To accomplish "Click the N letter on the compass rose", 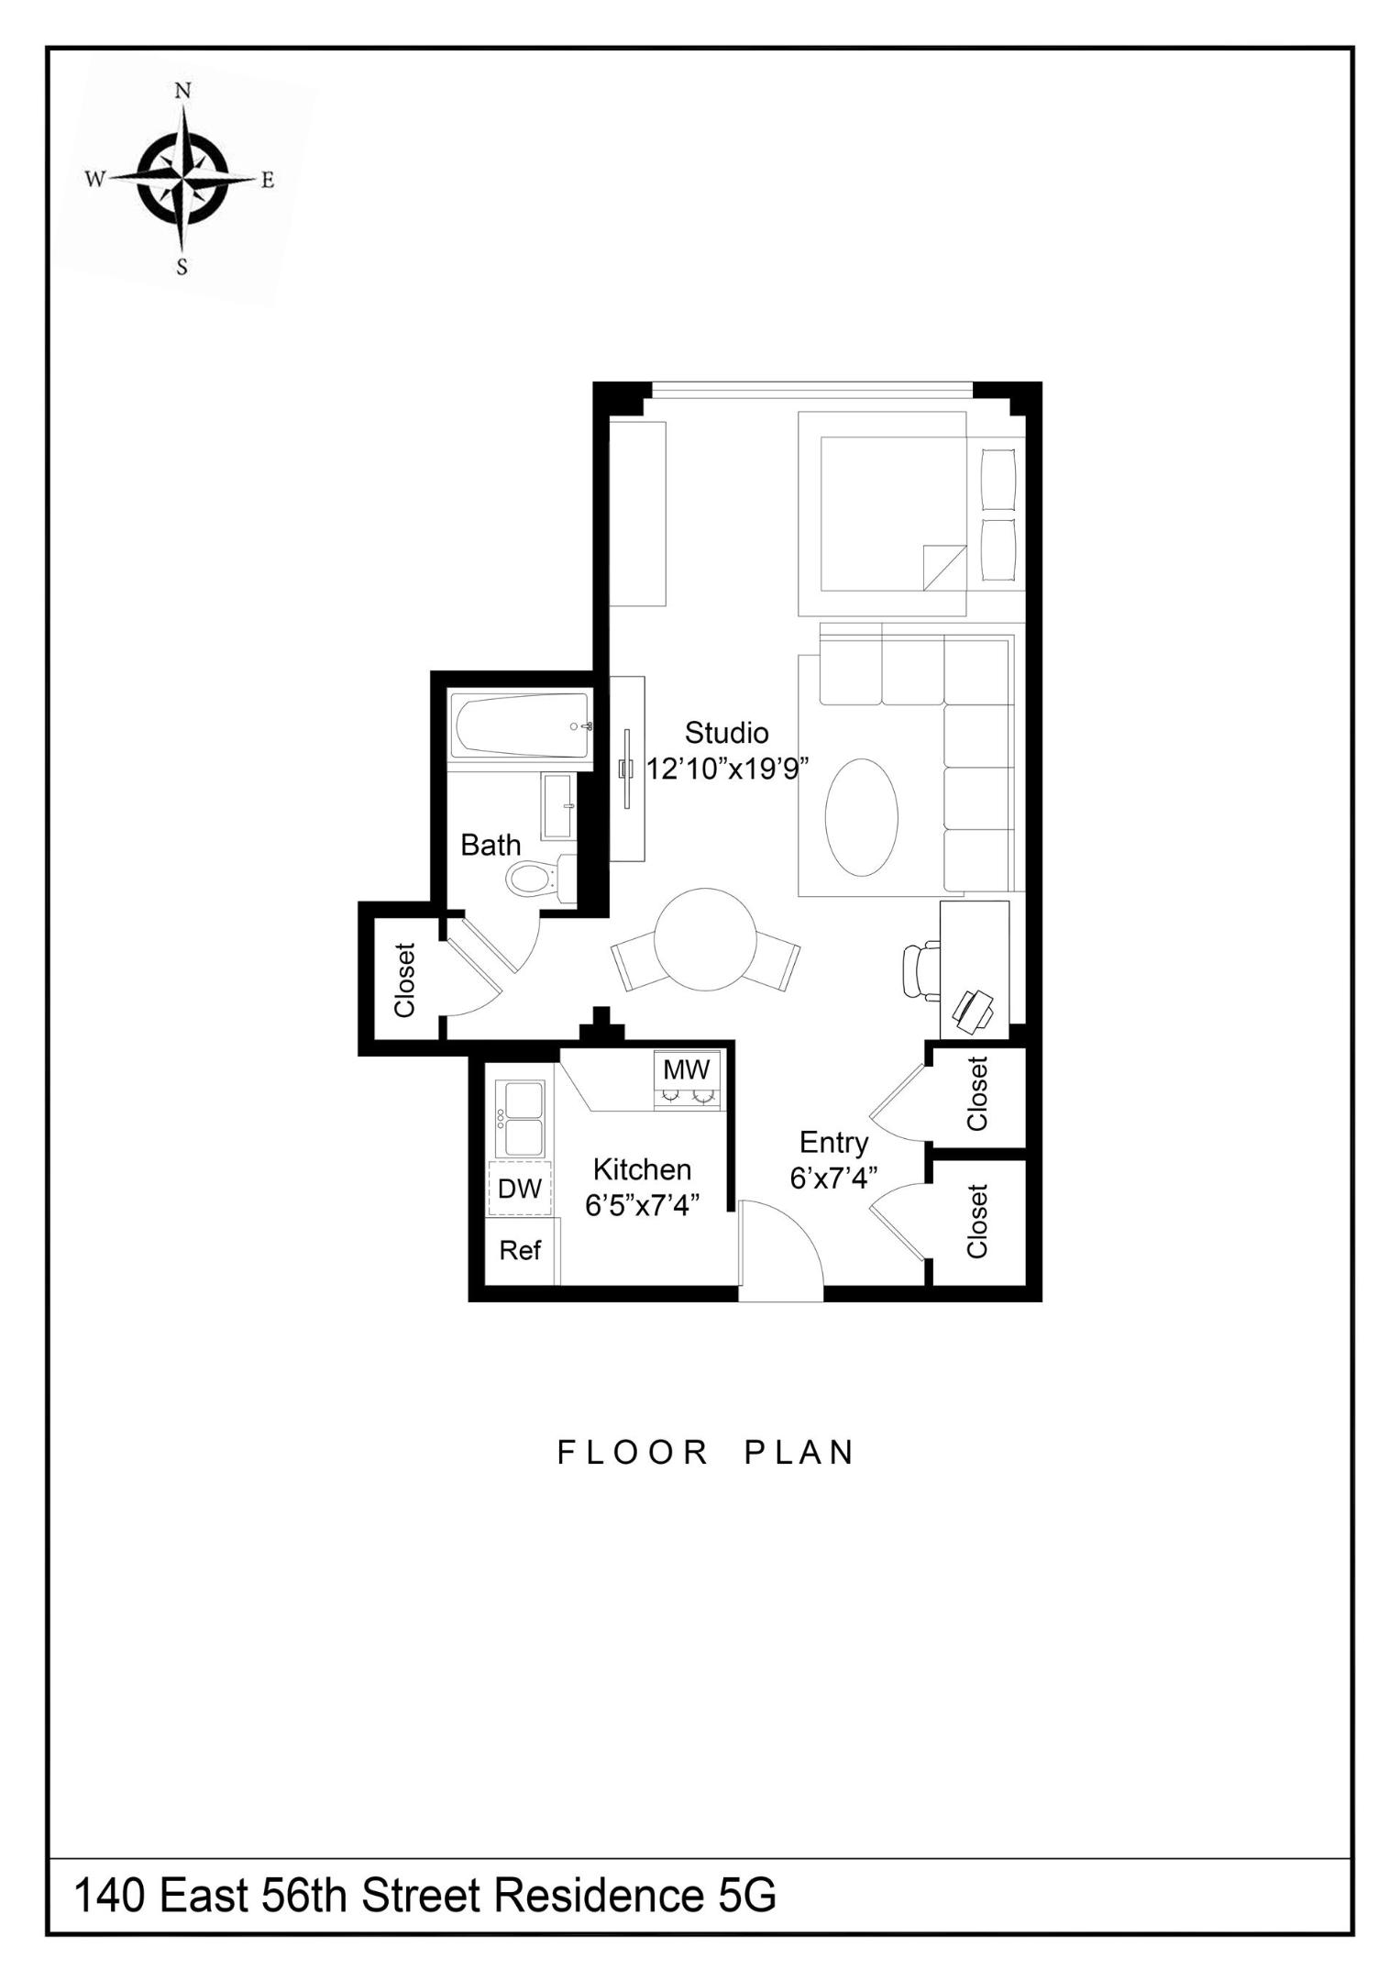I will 182,90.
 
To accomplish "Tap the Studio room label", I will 726,733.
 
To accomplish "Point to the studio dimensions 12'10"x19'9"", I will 726,769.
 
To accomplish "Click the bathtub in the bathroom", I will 519,725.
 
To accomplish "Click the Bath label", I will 490,845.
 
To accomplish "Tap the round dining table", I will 705,939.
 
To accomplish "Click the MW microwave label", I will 686,1069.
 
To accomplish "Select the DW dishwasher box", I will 519,1189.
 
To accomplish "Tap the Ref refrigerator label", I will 520,1250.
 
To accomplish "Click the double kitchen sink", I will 521,1118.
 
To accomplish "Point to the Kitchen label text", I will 642,1169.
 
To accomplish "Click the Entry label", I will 833,1143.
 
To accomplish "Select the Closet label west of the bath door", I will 404,980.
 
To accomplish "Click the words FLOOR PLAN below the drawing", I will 706,1453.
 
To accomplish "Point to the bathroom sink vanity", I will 558,806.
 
